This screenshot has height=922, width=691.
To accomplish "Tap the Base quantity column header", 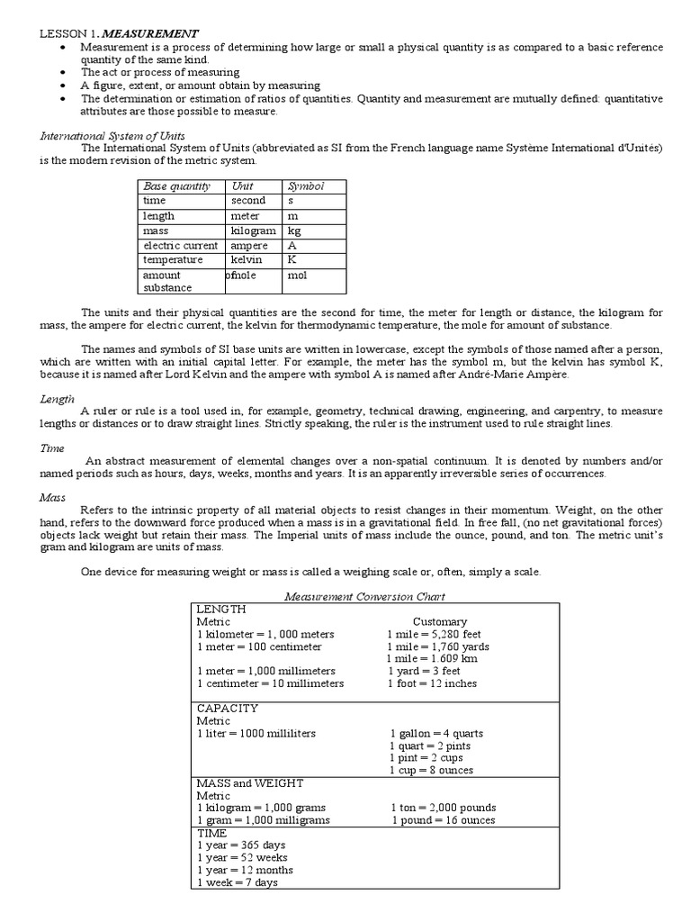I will pyautogui.click(x=176, y=186).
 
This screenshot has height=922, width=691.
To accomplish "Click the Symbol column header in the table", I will pyautogui.click(x=305, y=186).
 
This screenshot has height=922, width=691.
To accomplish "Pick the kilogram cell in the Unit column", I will pyautogui.click(x=253, y=230).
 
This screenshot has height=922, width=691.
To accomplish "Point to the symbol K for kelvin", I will pyautogui.click(x=292, y=259).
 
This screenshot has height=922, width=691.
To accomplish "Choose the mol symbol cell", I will pyautogui.click(x=297, y=275).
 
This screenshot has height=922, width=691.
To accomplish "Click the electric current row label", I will pyautogui.click(x=180, y=245).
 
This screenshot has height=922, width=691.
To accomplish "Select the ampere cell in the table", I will pyautogui.click(x=249, y=245).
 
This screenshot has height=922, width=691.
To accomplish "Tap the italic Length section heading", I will pyautogui.click(x=56, y=398).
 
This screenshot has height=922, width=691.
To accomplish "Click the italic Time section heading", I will pyautogui.click(x=52, y=447).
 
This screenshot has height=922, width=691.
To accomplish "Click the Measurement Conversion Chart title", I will pyautogui.click(x=364, y=596).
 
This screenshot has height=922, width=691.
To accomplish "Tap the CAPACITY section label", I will pyautogui.click(x=227, y=708).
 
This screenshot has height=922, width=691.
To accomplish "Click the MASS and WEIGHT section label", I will pyautogui.click(x=249, y=782).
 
